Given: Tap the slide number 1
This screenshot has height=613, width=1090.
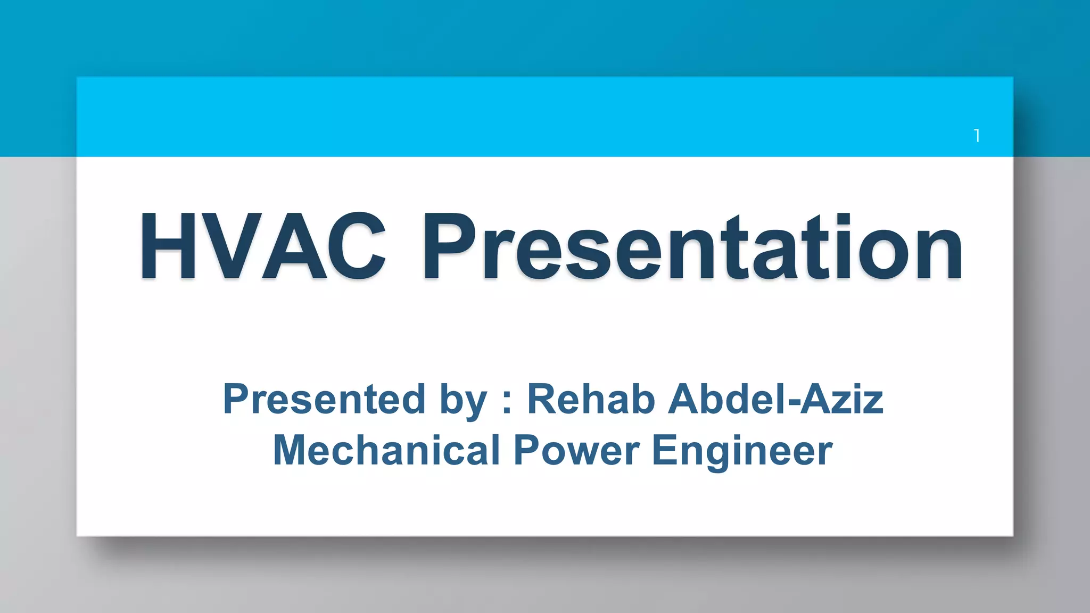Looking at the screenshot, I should pos(977,136).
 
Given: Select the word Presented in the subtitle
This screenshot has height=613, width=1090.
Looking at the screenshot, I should pos(324,399).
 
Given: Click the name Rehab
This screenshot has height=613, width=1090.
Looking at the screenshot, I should pos(591,399).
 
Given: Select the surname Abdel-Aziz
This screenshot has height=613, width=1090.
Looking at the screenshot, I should pos(775,399).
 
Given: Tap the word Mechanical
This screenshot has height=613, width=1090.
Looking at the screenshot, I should pos(386,450).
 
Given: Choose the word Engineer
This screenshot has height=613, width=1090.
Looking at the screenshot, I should pos(742,451).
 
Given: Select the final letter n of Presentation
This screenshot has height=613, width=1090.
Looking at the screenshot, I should pos(939,253).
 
